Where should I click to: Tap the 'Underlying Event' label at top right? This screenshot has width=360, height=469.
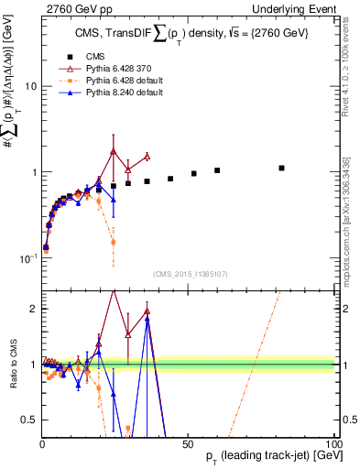[299, 8]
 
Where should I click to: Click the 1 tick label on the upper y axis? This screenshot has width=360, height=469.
[33, 172]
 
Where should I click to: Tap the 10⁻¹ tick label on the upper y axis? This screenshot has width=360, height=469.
[27, 258]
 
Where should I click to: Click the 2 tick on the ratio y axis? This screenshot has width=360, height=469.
[33, 309]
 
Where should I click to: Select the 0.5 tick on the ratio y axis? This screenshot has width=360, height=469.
[29, 420]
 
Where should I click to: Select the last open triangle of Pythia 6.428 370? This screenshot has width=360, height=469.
[147, 156]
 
